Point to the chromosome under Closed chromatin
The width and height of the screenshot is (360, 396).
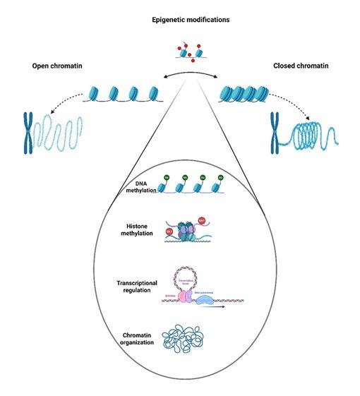277,133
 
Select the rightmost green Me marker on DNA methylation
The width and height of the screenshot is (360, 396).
221,178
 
